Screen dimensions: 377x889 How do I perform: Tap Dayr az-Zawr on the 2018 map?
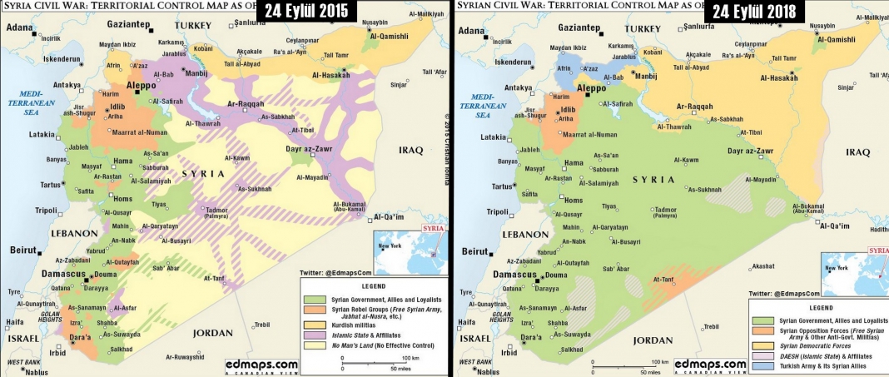coord(751,151)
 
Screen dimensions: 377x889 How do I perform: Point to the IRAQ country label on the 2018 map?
coord(857,151)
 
